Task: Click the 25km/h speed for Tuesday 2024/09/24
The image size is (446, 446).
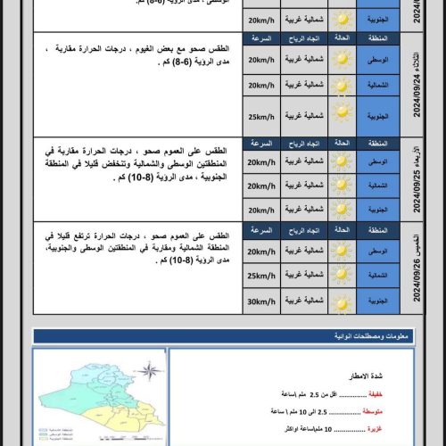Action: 262,115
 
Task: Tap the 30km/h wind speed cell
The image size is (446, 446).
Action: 262,301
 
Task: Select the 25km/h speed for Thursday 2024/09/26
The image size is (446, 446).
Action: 262,276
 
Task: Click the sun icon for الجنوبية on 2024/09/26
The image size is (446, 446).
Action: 342,301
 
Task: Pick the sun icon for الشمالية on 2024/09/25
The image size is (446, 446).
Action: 342,186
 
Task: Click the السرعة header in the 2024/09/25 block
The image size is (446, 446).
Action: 262,143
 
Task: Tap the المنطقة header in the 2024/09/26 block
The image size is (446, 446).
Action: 377,227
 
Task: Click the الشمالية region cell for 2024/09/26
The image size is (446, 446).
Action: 377,276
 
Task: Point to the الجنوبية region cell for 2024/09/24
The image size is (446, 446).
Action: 377,115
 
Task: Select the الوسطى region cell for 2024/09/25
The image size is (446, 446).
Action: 377,162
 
